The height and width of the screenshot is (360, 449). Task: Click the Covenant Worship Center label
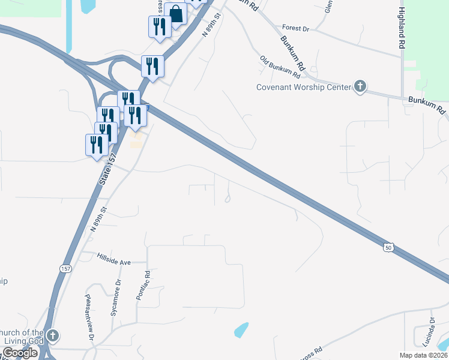(x=303, y=87)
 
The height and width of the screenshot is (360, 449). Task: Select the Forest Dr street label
(x=295, y=28)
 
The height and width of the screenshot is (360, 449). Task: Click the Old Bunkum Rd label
(x=280, y=67)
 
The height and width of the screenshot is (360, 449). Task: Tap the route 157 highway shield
(x=64, y=268)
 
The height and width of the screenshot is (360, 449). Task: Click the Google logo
(x=20, y=353)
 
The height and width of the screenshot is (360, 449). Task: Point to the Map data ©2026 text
(x=423, y=355)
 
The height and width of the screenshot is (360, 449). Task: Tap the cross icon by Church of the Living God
(x=53, y=336)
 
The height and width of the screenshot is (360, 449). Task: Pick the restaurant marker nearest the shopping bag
(x=159, y=27)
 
